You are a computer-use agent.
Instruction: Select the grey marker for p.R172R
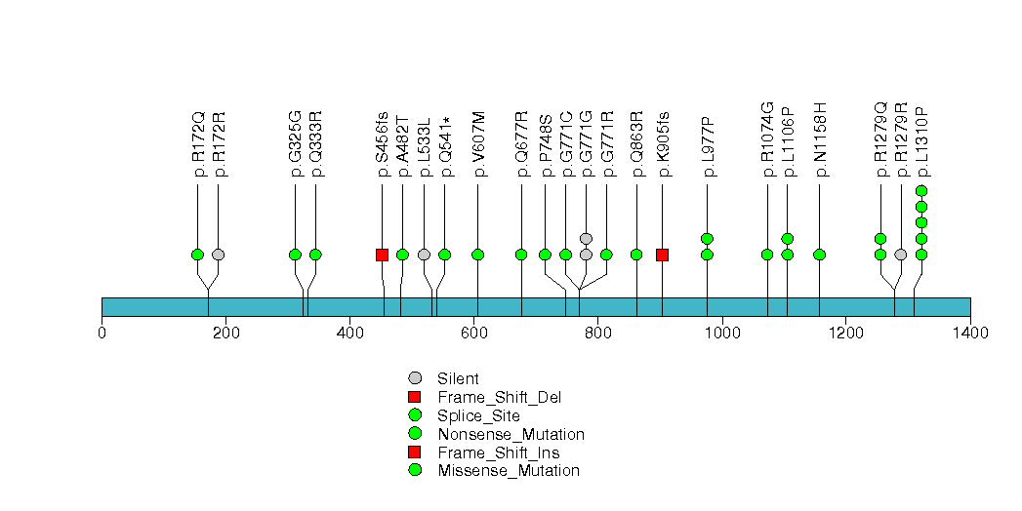[x=218, y=255]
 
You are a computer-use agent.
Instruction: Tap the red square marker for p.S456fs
[x=382, y=255]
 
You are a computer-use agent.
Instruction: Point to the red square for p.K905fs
[x=662, y=255]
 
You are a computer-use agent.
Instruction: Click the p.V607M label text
[x=478, y=144]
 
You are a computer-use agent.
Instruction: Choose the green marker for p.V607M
[x=478, y=255]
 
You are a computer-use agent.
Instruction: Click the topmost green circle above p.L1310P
[x=921, y=191]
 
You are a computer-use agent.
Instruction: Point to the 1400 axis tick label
[x=969, y=333]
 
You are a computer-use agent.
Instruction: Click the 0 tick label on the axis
[x=102, y=333]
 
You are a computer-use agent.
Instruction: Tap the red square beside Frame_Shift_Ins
[x=415, y=452]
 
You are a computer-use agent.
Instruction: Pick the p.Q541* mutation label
[x=445, y=145]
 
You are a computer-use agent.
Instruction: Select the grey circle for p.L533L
[x=424, y=255]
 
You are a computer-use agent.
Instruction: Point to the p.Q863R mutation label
[x=636, y=144]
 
